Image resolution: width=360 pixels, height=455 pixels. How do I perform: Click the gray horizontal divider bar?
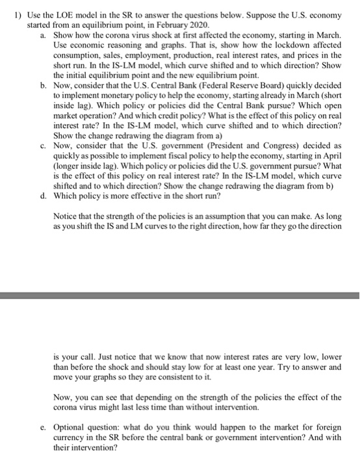point(180,296)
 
